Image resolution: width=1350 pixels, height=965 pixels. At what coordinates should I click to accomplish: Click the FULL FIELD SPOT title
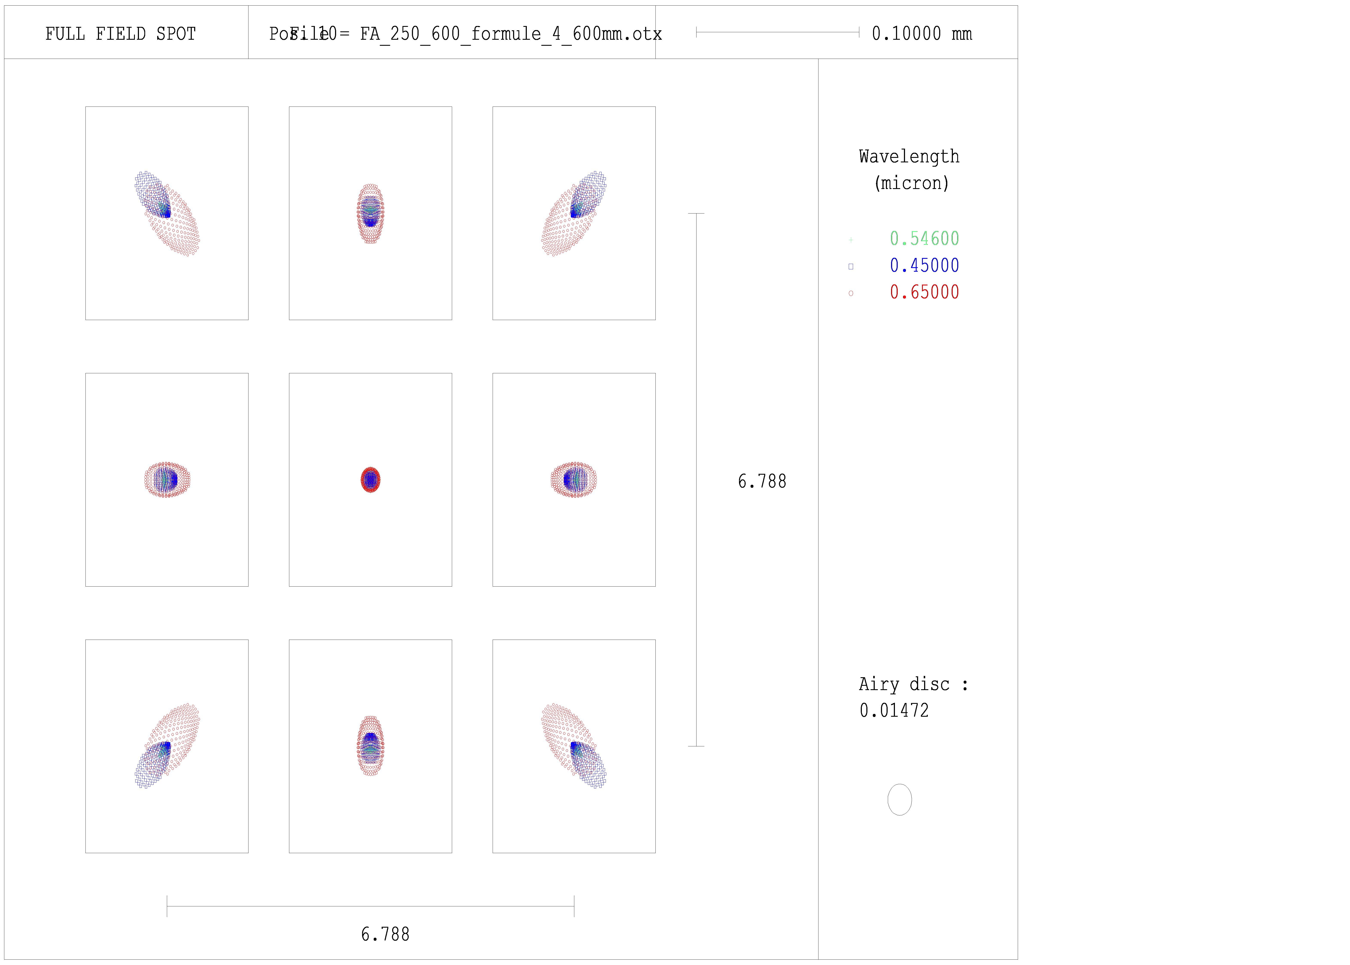click(121, 34)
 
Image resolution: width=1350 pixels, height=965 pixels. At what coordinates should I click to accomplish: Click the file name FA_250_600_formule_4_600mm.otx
click(511, 34)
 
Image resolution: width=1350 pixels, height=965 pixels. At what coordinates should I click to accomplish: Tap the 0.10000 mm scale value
click(922, 34)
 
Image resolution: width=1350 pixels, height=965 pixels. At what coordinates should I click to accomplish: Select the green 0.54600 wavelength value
click(924, 239)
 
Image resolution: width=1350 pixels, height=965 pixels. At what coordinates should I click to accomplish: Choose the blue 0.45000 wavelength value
click(924, 266)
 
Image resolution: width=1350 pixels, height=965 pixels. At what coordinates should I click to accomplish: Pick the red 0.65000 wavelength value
click(924, 292)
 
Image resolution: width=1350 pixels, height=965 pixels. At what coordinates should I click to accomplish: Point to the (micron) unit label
click(911, 183)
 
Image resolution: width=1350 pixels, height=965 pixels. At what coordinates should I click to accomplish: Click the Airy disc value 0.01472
click(894, 711)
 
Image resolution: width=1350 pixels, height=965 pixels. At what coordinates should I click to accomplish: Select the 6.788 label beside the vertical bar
click(762, 481)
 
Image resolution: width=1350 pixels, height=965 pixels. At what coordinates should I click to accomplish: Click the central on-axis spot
click(370, 480)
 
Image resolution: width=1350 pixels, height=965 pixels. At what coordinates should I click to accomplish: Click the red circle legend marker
click(851, 294)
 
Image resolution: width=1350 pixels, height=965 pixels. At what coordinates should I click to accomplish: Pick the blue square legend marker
click(851, 267)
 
